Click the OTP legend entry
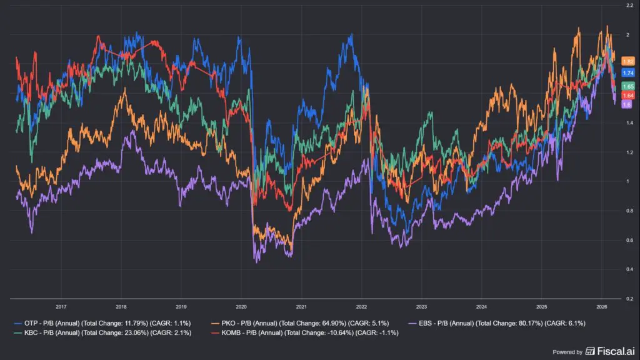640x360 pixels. (102, 323)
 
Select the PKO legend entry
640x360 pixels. (300, 323)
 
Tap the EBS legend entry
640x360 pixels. (497, 323)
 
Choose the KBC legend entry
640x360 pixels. (102, 332)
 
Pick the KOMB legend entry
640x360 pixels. (305, 332)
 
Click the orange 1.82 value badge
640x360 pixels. (627, 61)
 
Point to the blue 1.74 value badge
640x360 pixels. (627, 72)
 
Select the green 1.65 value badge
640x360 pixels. (627, 86)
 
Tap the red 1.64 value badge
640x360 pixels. (627, 96)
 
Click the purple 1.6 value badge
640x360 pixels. (626, 104)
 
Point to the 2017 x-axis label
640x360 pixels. (61, 306)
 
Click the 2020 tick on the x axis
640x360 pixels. (241, 306)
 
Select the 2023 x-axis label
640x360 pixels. (421, 306)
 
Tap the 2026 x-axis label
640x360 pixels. (602, 306)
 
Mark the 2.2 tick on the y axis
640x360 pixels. (630, 5)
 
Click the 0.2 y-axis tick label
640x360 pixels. (630, 298)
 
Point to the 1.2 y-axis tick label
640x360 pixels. (630, 152)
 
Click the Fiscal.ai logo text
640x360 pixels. (616, 351)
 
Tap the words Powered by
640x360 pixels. (567, 352)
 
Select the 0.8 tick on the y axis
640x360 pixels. (630, 211)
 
